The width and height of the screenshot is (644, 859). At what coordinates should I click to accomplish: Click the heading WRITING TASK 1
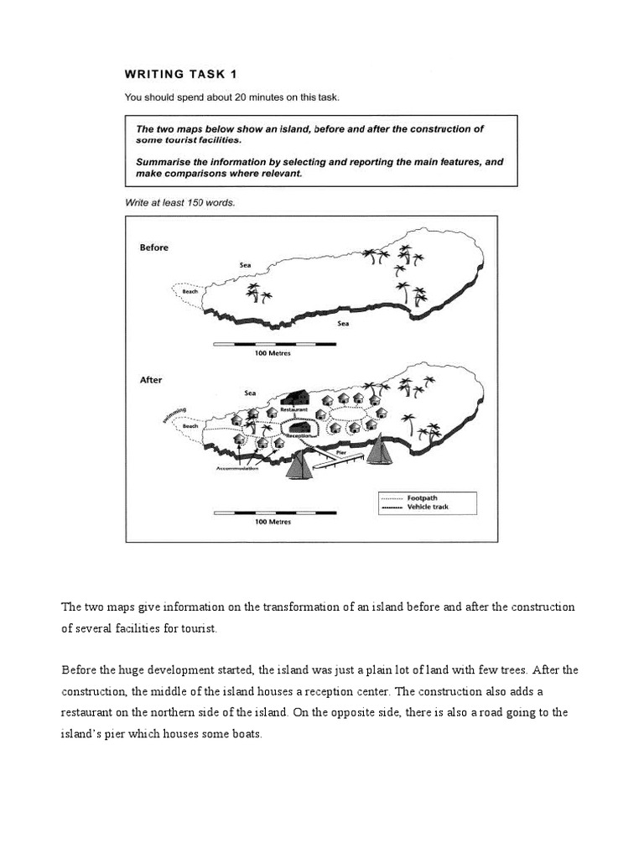[x=179, y=74]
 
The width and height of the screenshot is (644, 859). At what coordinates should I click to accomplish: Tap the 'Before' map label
[x=153, y=247]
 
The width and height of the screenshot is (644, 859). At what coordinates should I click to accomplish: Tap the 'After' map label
[x=151, y=380]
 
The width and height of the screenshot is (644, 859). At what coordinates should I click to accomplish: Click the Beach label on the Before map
[x=190, y=292]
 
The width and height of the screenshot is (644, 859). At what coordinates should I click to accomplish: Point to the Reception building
[x=300, y=426]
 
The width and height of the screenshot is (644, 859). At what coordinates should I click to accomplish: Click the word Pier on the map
[x=340, y=451]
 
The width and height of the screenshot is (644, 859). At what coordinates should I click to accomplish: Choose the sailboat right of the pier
[x=382, y=450]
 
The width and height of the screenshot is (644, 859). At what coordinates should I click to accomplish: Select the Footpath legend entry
[x=424, y=497]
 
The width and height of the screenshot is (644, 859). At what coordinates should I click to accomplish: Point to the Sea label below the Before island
[x=342, y=323]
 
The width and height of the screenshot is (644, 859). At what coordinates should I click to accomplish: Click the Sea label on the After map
[x=249, y=392]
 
